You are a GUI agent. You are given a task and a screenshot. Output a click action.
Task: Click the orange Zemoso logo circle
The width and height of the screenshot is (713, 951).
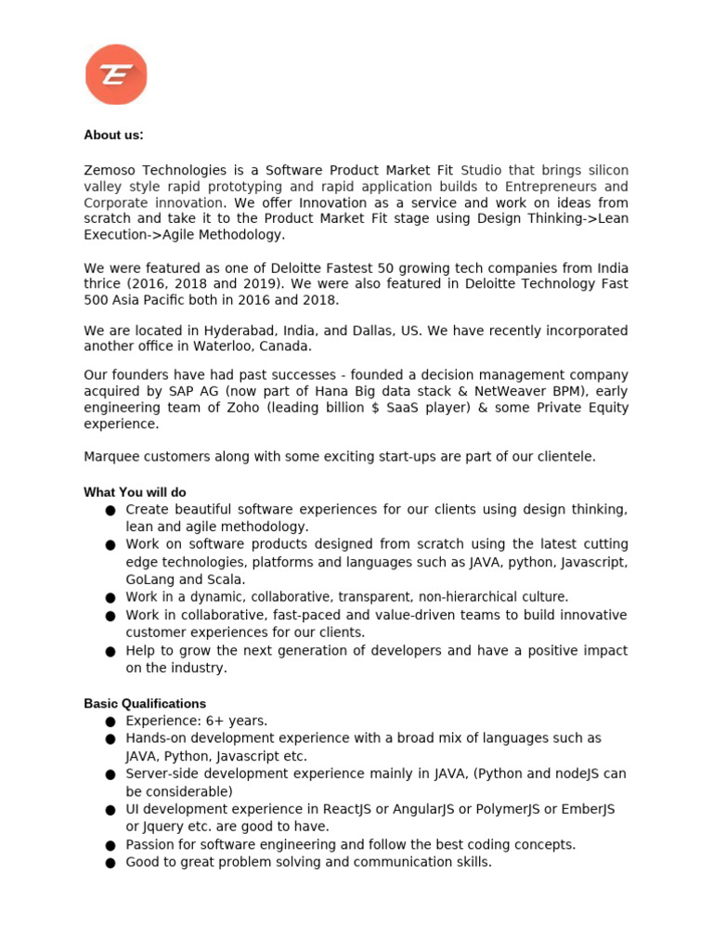(x=116, y=74)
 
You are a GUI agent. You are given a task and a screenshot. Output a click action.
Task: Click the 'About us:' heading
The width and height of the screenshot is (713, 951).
(x=113, y=136)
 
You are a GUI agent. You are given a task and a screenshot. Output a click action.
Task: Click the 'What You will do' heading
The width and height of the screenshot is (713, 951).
(x=136, y=492)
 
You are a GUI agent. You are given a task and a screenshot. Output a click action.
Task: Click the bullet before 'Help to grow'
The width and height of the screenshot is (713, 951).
(x=110, y=652)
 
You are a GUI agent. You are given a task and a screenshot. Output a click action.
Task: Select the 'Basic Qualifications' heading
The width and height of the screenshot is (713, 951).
(x=145, y=704)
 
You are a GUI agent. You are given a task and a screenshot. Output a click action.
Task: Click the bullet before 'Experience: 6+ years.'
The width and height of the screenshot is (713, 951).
(x=110, y=722)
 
